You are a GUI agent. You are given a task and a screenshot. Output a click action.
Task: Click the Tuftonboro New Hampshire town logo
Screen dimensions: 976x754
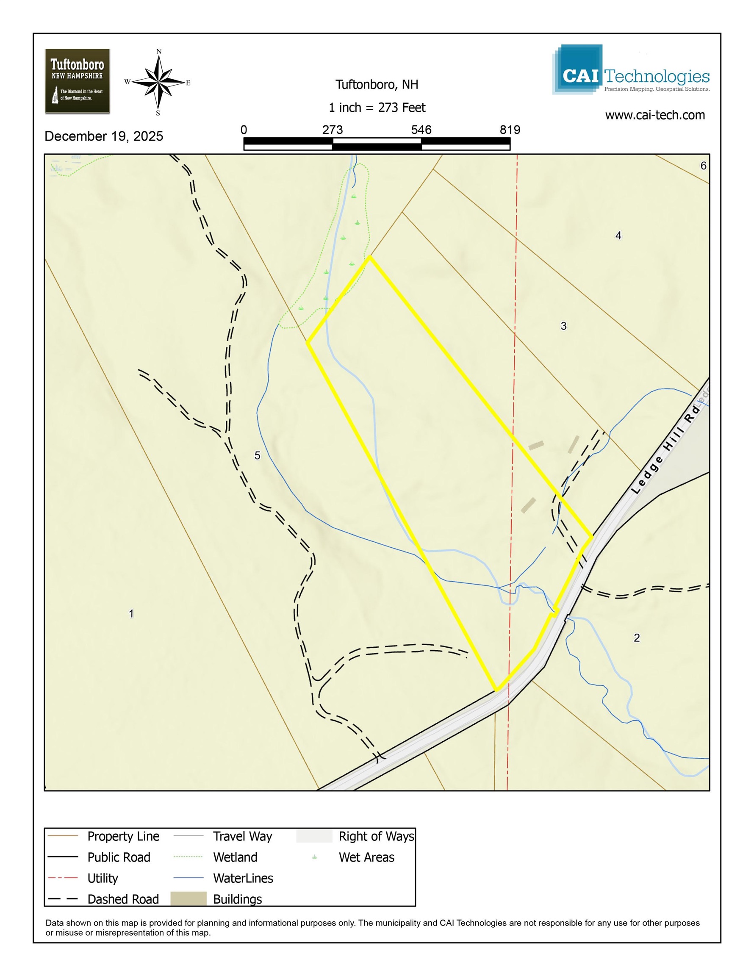pyautogui.click(x=78, y=81)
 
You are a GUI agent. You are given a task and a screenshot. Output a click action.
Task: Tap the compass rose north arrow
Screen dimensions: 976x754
pyautogui.click(x=159, y=82)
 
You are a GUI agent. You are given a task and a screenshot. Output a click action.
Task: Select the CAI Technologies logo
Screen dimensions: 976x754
pyautogui.click(x=631, y=70)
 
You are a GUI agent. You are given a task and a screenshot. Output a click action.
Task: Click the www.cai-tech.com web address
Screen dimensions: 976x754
pyautogui.click(x=655, y=115)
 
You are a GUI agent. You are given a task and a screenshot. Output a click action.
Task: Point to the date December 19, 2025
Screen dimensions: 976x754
pyautogui.click(x=104, y=136)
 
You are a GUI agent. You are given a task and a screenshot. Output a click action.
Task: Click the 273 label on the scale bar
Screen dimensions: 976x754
pyautogui.click(x=333, y=130)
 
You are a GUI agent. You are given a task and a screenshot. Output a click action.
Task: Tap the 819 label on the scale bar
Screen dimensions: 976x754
pyautogui.click(x=510, y=130)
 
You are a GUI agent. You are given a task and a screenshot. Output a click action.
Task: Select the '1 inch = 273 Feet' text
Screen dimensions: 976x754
pyautogui.click(x=377, y=108)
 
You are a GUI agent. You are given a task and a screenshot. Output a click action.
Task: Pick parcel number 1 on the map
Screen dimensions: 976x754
pyautogui.click(x=131, y=613)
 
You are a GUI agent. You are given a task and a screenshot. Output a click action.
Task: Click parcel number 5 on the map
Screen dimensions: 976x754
pyautogui.click(x=258, y=455)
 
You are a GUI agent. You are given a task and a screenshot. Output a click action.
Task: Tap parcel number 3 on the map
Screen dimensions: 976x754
pyautogui.click(x=564, y=326)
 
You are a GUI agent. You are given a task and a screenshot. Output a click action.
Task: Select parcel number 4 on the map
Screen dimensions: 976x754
pyautogui.click(x=618, y=236)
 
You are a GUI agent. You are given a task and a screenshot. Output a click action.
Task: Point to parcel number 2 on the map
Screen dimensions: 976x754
pyautogui.click(x=637, y=638)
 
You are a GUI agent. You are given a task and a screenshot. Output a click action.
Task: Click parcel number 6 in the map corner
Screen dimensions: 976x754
pyautogui.click(x=703, y=166)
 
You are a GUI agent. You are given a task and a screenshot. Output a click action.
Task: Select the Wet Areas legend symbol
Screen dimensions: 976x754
pyautogui.click(x=314, y=857)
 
